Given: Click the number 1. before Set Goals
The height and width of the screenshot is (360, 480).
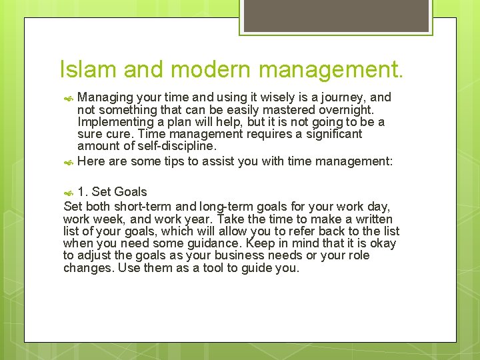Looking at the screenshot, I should pos(83,192).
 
